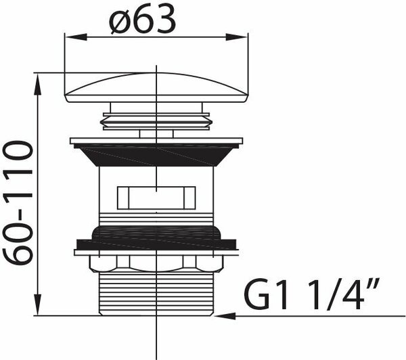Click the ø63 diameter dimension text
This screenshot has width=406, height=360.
(x=142, y=20)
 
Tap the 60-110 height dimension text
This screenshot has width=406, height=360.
(x=18, y=203)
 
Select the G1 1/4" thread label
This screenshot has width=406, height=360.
(x=312, y=294)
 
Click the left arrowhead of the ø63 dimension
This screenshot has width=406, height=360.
(x=75, y=37)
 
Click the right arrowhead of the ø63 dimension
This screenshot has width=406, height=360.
(x=237, y=37)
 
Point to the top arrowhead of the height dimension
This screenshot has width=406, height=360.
(x=38, y=84)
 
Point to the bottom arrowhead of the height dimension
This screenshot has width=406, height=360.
(x=38, y=305)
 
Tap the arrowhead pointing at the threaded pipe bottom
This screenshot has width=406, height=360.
(x=225, y=316)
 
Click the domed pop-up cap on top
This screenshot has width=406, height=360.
(x=156, y=87)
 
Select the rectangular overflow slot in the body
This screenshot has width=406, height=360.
(x=156, y=198)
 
